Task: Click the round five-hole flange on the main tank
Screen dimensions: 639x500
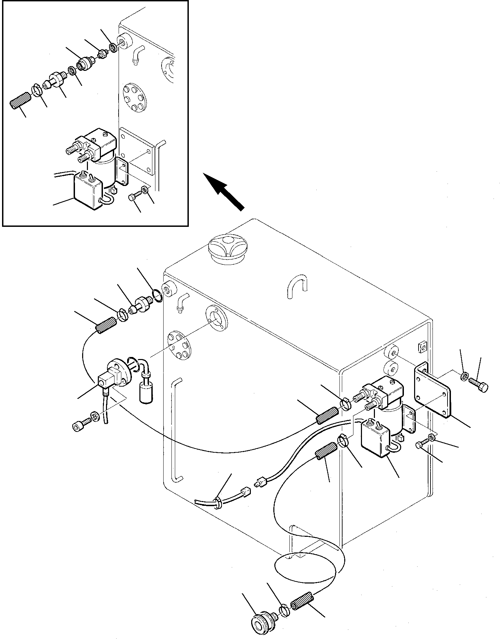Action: click(179, 345)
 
